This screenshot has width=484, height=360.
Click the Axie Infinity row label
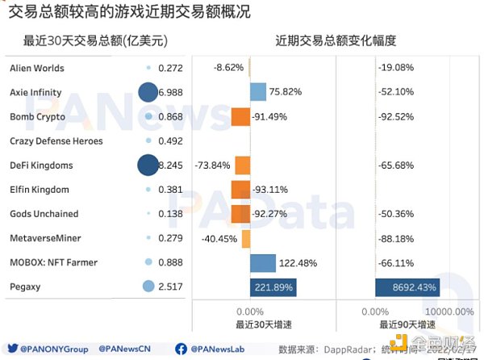click(35, 93)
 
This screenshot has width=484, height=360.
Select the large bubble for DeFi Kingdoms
click(148, 165)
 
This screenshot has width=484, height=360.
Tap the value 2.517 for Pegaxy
click(170, 287)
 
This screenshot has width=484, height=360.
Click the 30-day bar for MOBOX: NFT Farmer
click(263, 262)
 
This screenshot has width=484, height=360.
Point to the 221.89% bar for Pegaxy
click(273, 287)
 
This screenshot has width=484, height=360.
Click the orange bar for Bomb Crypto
click(241, 117)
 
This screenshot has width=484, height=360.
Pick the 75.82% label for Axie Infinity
click(288, 93)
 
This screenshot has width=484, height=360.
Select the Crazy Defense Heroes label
click(56, 141)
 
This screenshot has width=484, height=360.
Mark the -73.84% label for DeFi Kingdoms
click(212, 165)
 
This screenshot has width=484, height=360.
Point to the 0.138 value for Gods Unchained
click(170, 214)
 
